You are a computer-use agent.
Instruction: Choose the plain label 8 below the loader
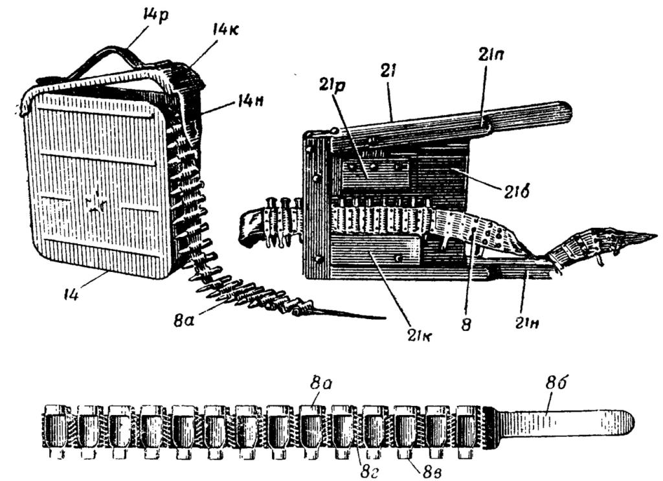[x=466, y=324]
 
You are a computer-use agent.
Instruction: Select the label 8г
[x=367, y=471]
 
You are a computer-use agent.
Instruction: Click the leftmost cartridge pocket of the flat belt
[x=54, y=431]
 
